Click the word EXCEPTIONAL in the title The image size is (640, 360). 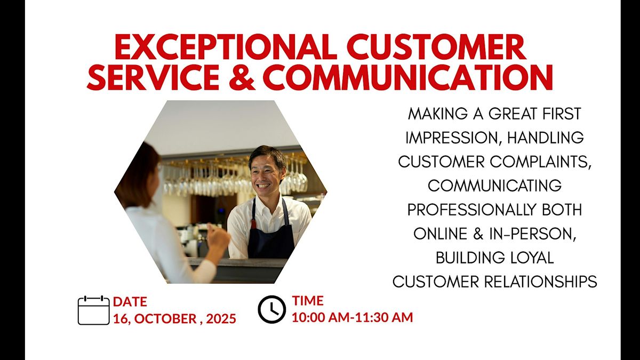[226, 46]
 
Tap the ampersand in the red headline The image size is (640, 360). [242, 77]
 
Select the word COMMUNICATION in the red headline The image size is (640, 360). [407, 77]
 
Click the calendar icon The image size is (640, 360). [94, 310]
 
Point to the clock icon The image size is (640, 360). [271, 309]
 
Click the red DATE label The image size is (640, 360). [130, 302]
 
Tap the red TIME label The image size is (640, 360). [308, 301]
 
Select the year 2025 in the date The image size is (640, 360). [221, 318]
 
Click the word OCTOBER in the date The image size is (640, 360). [165, 318]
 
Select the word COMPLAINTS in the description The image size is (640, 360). [541, 162]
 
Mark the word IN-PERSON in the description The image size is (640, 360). [532, 234]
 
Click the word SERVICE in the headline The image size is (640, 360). [153, 77]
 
